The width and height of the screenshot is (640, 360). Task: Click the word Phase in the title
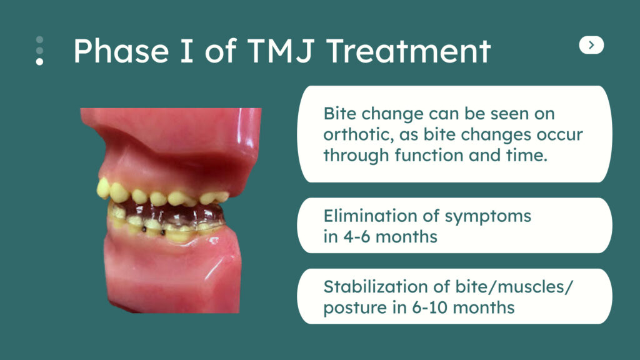(121, 51)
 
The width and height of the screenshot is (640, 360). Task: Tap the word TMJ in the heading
(281, 51)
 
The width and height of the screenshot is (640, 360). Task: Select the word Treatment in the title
(409, 51)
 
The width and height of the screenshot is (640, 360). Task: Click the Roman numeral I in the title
(186, 51)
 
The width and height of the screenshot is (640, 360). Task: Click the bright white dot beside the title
(39, 62)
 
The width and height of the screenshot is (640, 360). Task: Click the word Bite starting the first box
(339, 114)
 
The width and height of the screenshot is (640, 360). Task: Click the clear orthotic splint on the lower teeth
(167, 215)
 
